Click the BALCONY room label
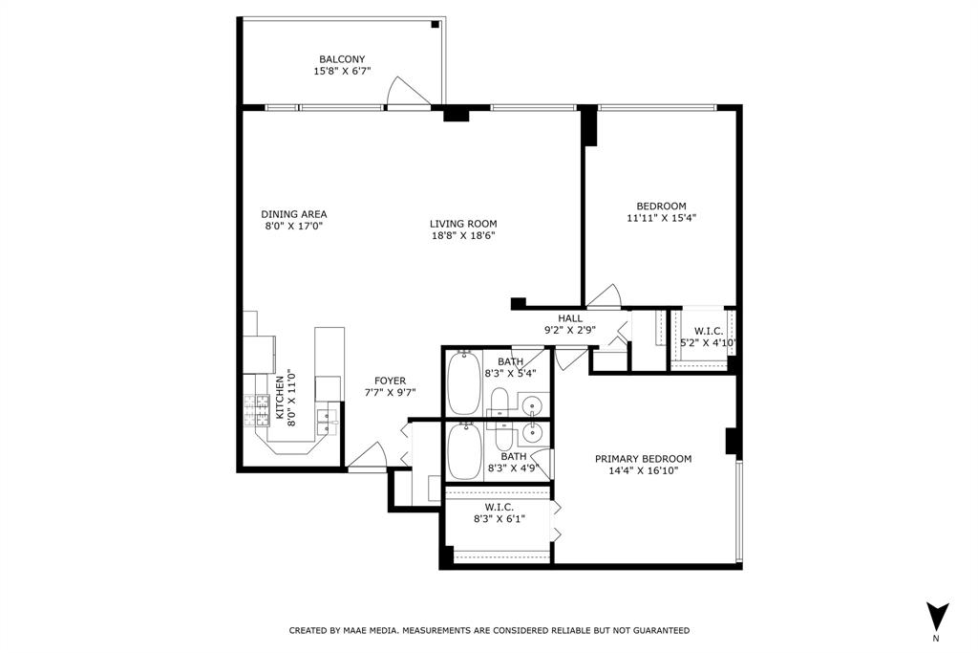coord(342,59)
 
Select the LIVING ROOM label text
coord(463,224)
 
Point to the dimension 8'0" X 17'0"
coord(293,226)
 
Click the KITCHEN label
coord(280,397)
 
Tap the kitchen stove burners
coord(256,410)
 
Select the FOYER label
coord(390,381)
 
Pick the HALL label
coord(570,318)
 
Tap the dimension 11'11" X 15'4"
coord(661,218)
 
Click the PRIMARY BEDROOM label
coord(643,459)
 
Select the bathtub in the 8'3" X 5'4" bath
coord(463,383)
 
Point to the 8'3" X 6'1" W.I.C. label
coord(499,508)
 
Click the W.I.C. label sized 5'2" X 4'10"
coord(709,332)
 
